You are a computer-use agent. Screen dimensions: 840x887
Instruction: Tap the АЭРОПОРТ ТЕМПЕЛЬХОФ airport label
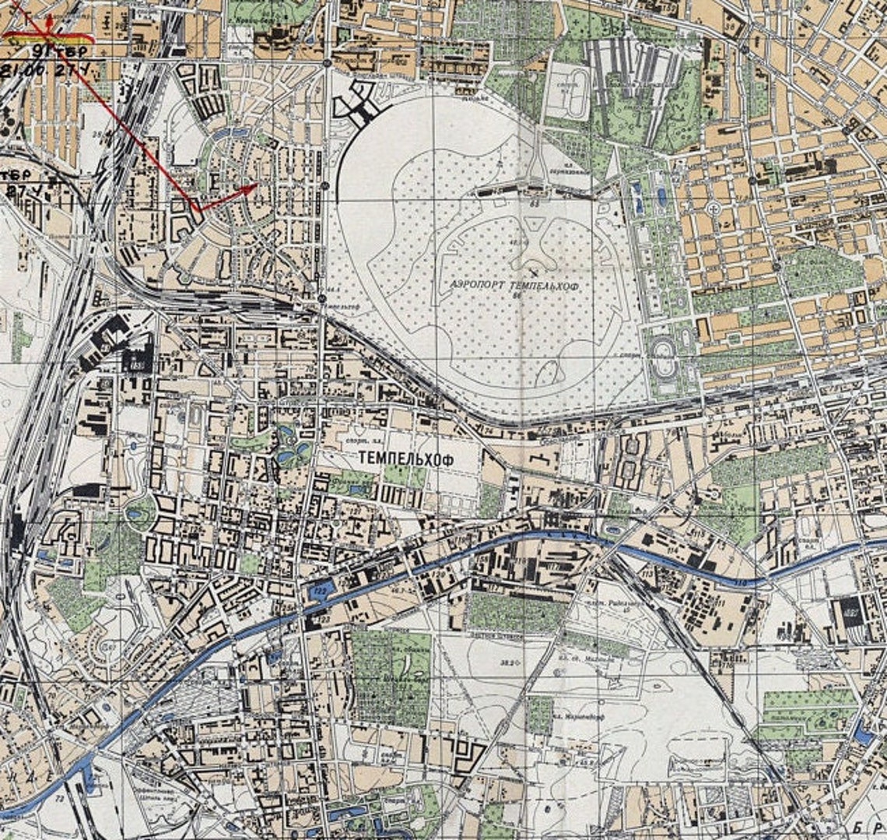pyautogui.click(x=516, y=285)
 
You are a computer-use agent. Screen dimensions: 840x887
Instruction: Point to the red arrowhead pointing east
pyautogui.click(x=250, y=188)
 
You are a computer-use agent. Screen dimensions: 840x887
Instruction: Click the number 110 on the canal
pyautogui.click(x=740, y=582)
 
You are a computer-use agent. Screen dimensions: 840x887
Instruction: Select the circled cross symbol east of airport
pyautogui.click(x=713, y=209)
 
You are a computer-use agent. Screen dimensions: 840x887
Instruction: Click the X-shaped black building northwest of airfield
pyautogui.click(x=356, y=104)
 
